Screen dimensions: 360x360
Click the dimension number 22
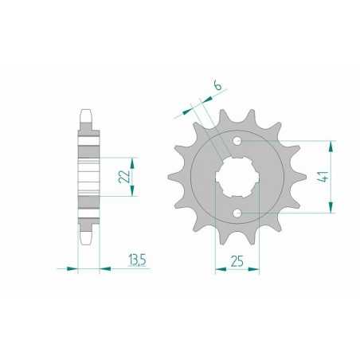[124, 177]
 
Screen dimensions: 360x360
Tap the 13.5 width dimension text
[137, 260]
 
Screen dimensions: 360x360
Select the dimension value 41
[323, 177]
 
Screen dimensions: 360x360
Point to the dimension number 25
[237, 261]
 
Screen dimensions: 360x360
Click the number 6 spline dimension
[217, 86]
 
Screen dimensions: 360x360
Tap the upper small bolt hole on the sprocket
[237, 141]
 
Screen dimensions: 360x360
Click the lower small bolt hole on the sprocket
[237, 213]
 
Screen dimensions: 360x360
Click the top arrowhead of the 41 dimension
[331, 147]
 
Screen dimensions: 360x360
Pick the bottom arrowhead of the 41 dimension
[331, 207]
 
